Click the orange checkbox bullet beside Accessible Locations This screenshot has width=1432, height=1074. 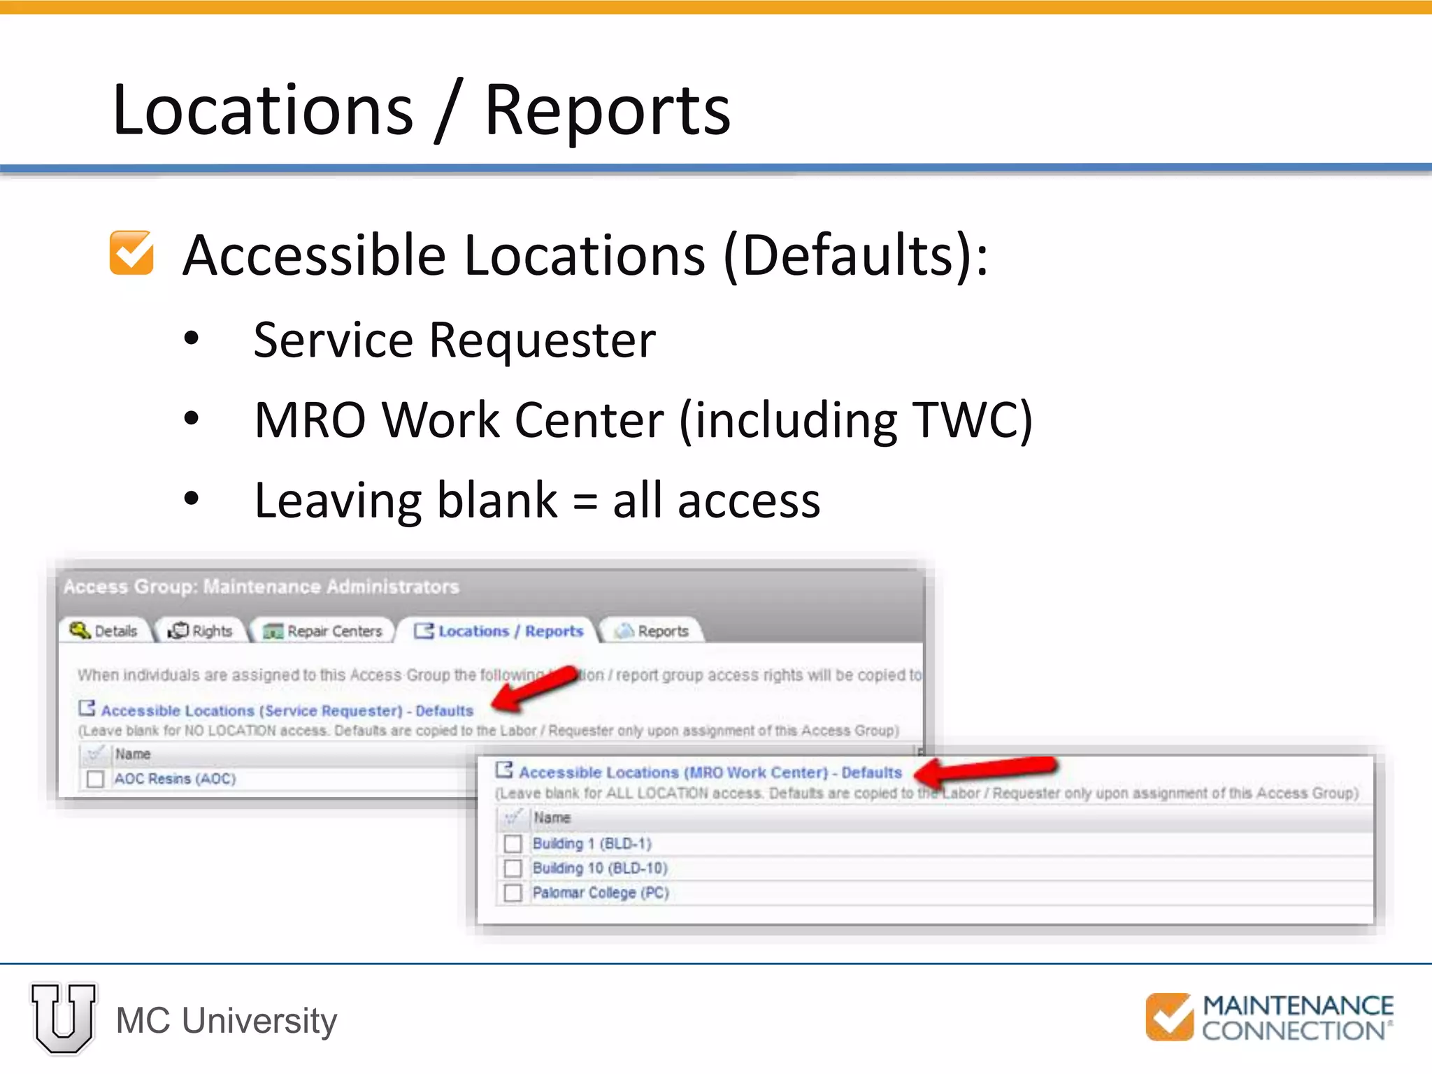(131, 252)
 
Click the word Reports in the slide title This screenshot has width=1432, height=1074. (607, 110)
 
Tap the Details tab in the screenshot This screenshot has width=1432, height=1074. (104, 631)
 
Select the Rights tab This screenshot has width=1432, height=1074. (201, 631)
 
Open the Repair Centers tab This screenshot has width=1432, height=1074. (323, 631)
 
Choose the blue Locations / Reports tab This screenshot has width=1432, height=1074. (499, 631)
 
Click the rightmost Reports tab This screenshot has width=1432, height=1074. (652, 631)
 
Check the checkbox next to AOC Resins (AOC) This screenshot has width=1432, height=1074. (95, 779)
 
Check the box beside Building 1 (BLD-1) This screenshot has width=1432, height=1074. (513, 843)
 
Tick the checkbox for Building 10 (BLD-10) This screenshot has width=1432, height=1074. (513, 868)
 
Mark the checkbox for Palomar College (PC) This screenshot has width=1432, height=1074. (513, 893)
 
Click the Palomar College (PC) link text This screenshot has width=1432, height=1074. (601, 893)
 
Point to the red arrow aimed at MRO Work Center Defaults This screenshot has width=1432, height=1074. (986, 769)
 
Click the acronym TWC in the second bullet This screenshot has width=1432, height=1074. (964, 420)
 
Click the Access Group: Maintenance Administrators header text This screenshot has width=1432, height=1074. (262, 587)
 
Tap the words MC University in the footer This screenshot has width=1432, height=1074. (227, 1021)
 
